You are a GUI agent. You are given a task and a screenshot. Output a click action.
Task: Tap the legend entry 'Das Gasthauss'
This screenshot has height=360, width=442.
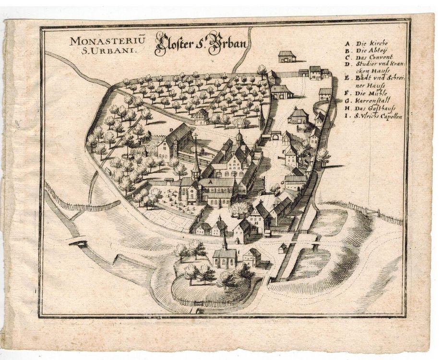click(372, 109)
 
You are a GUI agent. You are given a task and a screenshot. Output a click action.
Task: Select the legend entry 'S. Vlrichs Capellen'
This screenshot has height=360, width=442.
click(377, 117)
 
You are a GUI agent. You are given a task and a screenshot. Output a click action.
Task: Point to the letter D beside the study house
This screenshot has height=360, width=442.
click(171, 130)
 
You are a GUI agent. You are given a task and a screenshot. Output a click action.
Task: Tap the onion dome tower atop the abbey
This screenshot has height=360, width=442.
click(239, 138)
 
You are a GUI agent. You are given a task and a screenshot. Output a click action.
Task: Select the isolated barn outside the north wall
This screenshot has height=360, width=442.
click(287, 56)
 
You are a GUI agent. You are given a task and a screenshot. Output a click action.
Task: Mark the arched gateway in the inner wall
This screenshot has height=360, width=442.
click(276, 137)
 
